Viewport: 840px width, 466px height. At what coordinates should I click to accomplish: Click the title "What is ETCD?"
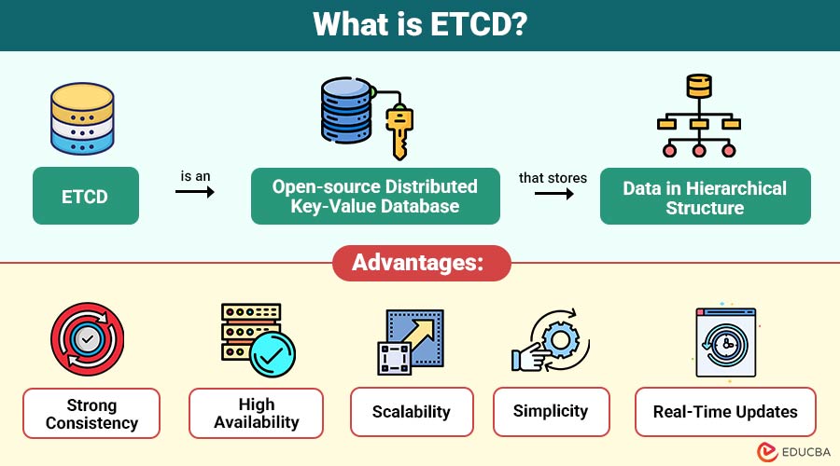tap(419, 25)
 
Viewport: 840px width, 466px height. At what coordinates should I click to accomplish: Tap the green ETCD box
tap(86, 196)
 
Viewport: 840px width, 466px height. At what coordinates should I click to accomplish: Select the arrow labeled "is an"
tap(194, 192)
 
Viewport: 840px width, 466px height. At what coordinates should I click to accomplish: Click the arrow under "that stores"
tap(554, 194)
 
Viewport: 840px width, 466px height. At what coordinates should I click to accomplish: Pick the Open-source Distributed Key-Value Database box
tap(375, 196)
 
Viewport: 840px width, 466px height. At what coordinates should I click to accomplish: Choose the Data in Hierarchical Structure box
tap(705, 196)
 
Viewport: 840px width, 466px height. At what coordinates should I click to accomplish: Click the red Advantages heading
tap(421, 264)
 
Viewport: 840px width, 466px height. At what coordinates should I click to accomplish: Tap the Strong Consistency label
tap(91, 413)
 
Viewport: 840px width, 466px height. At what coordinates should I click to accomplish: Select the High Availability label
tap(256, 413)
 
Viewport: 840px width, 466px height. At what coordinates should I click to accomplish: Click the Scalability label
tap(412, 411)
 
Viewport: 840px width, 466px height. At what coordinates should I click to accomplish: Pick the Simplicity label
tap(551, 410)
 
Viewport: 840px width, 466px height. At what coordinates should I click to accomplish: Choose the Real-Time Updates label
tap(724, 411)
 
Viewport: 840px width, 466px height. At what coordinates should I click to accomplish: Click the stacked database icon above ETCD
tap(84, 118)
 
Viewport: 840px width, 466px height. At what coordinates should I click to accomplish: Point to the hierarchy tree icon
tap(698, 116)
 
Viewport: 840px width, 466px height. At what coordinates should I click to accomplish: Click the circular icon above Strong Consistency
tap(88, 339)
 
